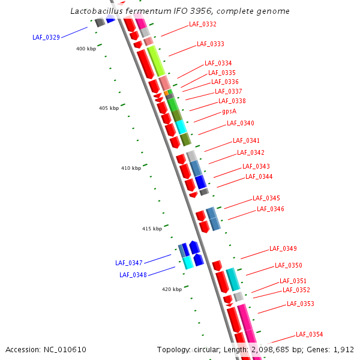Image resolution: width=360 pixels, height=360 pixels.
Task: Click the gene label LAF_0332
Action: pyautogui.click(x=202, y=25)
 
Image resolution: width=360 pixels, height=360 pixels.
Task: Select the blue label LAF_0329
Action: pyautogui.click(x=46, y=37)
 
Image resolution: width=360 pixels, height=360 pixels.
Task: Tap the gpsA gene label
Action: pyautogui.click(x=229, y=111)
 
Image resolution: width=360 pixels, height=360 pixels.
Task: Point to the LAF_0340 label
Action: pyautogui.click(x=240, y=123)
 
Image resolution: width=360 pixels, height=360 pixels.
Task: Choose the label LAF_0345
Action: pyautogui.click(x=266, y=198)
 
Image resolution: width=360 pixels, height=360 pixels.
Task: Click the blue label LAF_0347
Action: pyautogui.click(x=129, y=263)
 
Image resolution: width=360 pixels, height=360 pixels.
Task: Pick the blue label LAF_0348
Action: pyautogui.click(x=133, y=275)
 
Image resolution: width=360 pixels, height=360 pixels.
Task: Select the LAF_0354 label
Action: pyautogui.click(x=309, y=334)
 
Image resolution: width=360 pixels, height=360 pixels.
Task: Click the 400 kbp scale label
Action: pyautogui.click(x=86, y=49)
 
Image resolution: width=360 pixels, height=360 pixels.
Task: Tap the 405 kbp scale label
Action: pyautogui.click(x=109, y=108)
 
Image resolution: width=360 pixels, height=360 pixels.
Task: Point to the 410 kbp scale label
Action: pyautogui.click(x=131, y=168)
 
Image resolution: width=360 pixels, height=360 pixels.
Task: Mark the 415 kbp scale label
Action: pyautogui.click(x=152, y=229)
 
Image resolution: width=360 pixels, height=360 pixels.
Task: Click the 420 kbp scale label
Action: pyautogui.click(x=172, y=289)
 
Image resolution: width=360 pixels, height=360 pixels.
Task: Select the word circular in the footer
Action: pyautogui.click(x=214, y=349)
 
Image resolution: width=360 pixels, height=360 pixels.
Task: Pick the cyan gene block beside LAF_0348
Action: pyautogui.click(x=188, y=262)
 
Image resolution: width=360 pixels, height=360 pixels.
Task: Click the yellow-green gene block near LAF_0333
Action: pyautogui.click(x=155, y=61)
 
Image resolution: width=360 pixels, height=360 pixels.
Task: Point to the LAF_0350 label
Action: pyautogui.click(x=288, y=265)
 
